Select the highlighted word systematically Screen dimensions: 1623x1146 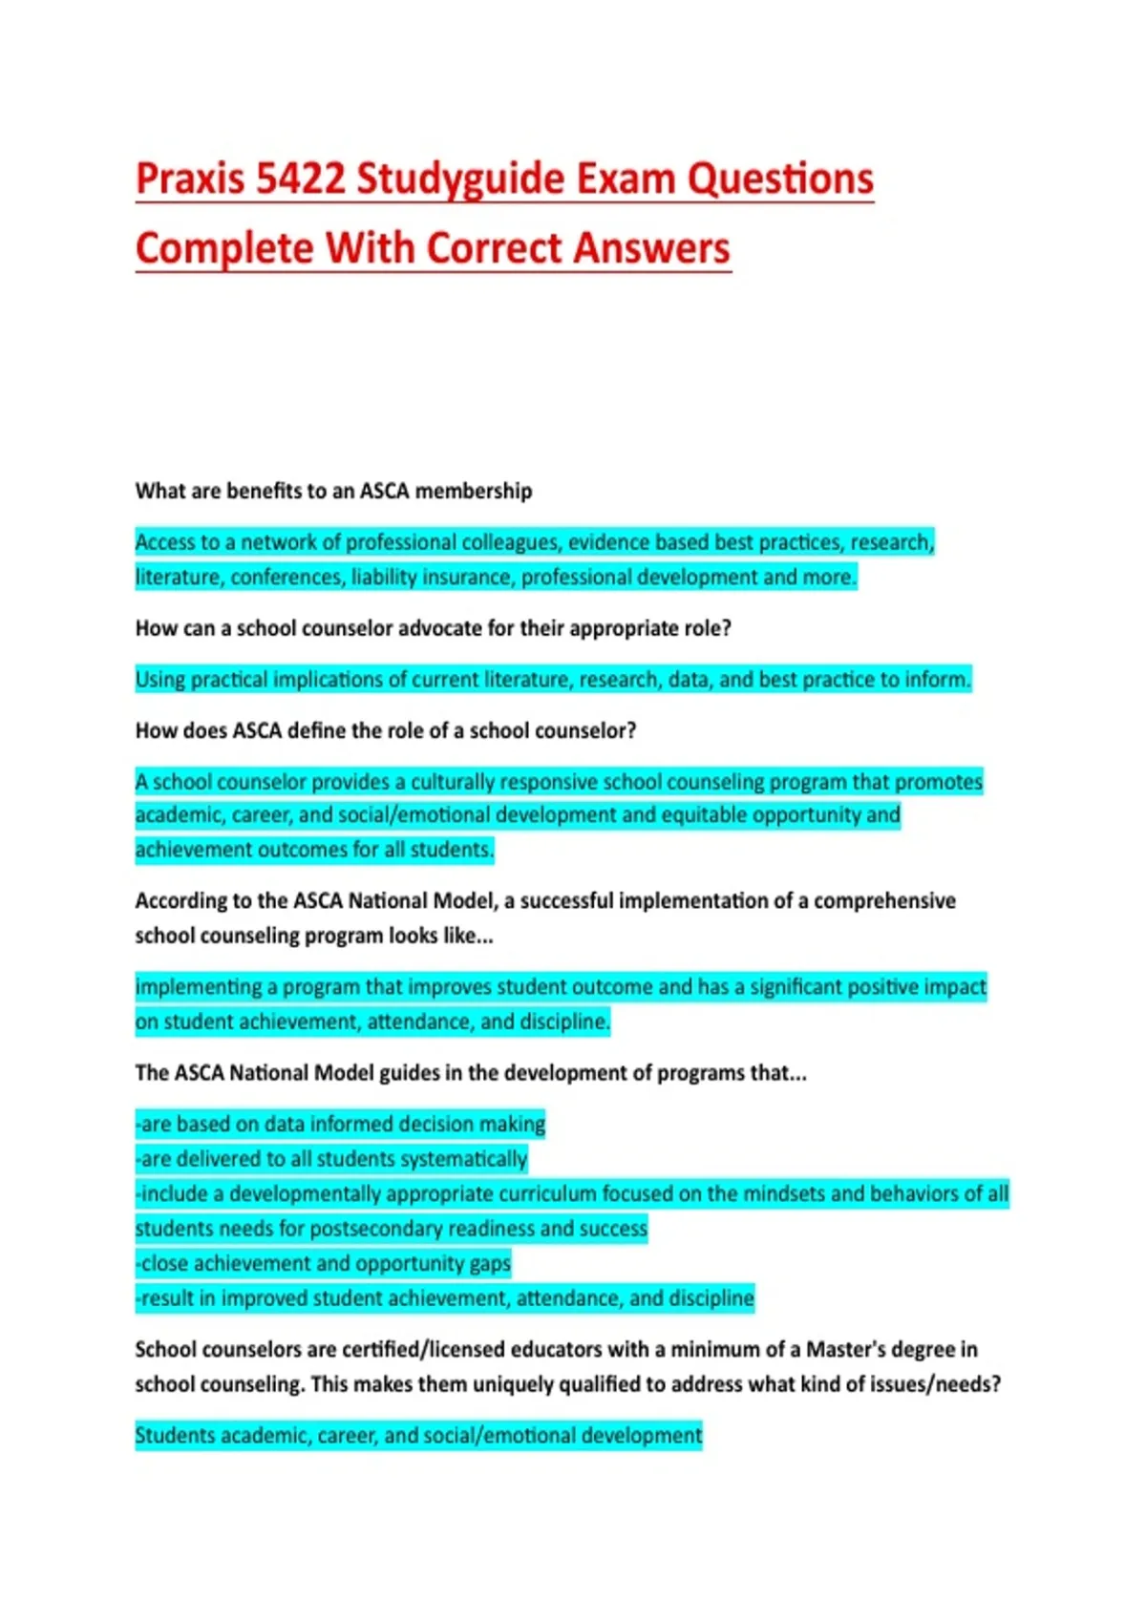pos(463,1159)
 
